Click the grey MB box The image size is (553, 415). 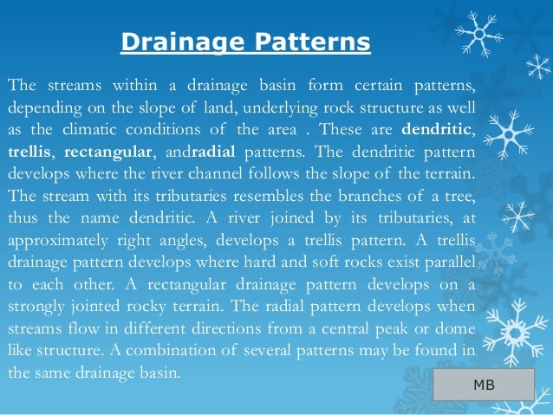pyautogui.click(x=484, y=384)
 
